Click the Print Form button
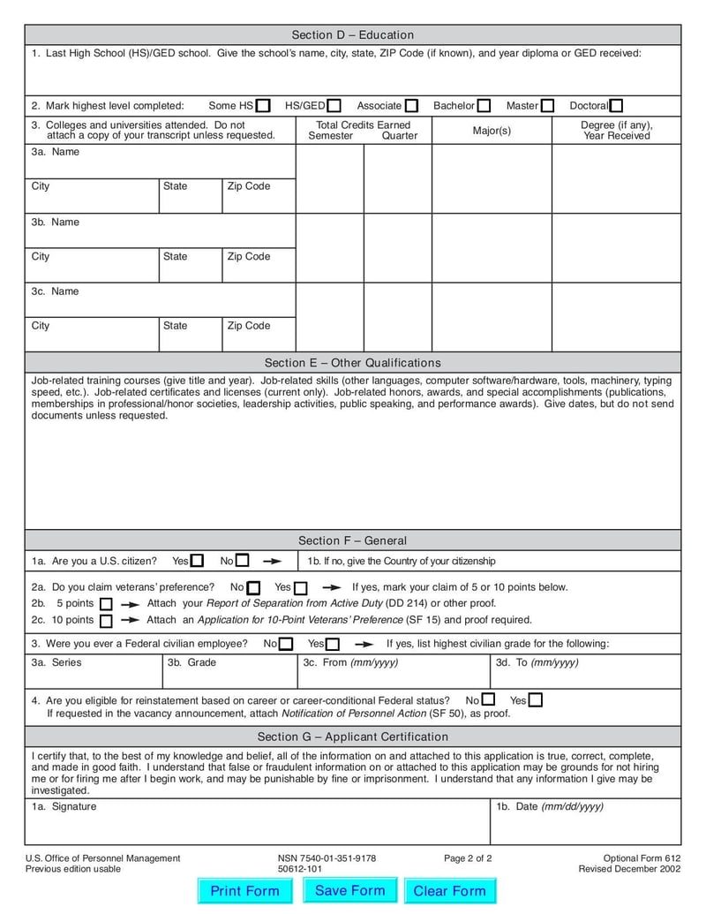pyautogui.click(x=244, y=891)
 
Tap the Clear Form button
pyautogui.click(x=450, y=891)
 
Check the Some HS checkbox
pyautogui.click(x=263, y=106)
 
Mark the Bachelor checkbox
pyautogui.click(x=484, y=106)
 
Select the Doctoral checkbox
pyautogui.click(x=616, y=106)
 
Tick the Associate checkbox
pyautogui.click(x=412, y=106)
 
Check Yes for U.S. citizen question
pyautogui.click(x=197, y=561)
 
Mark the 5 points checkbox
pyautogui.click(x=106, y=604)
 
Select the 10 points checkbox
pyautogui.click(x=106, y=621)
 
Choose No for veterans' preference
pyautogui.click(x=253, y=588)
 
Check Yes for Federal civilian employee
pyautogui.click(x=332, y=645)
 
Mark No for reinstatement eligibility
pyautogui.click(x=488, y=700)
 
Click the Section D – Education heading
pyautogui.click(x=353, y=35)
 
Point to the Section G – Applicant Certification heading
pyautogui.click(x=353, y=736)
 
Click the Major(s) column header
pyautogui.click(x=492, y=131)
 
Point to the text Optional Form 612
pyautogui.click(x=642, y=858)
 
